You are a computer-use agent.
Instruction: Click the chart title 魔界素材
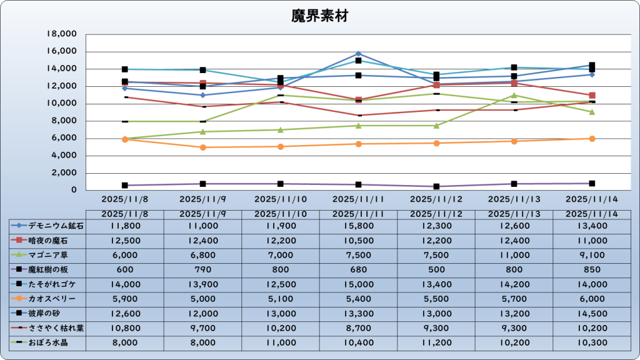click(319, 16)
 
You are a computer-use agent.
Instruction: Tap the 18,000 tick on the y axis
click(62, 34)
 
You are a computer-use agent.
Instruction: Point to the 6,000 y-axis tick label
click(64, 138)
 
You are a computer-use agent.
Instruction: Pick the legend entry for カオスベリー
click(47, 299)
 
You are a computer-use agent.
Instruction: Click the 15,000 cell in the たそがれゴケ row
click(358, 284)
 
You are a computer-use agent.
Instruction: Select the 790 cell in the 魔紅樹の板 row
click(202, 269)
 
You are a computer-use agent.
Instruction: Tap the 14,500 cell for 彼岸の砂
click(591, 313)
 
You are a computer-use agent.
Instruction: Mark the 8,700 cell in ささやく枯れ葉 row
click(358, 328)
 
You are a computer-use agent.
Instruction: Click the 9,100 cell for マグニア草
click(591, 255)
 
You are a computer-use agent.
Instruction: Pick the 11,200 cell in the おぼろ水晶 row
click(436, 342)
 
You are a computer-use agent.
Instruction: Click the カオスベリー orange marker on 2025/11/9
click(202, 147)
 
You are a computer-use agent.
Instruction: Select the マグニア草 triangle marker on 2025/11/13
click(514, 96)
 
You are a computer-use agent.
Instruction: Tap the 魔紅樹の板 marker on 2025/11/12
click(436, 186)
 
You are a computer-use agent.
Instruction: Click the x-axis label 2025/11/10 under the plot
click(281, 199)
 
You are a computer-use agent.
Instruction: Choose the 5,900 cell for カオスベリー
click(125, 299)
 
